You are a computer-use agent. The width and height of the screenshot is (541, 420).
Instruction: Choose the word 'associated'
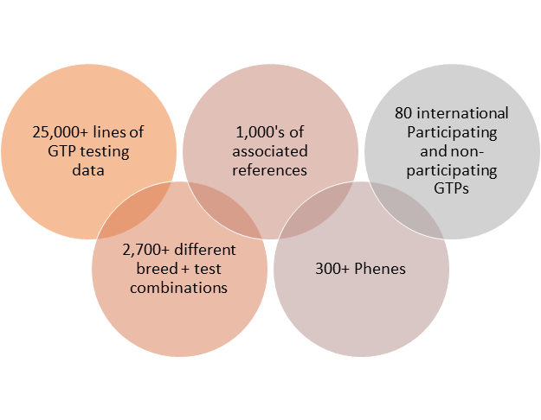tap(271, 152)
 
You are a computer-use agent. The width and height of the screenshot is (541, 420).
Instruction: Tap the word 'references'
tap(271, 170)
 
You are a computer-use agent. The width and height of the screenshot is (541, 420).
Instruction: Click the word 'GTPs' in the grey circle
tap(451, 190)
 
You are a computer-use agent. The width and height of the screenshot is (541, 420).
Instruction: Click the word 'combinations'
tap(179, 287)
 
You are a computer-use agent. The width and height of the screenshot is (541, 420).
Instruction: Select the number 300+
tap(332, 269)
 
